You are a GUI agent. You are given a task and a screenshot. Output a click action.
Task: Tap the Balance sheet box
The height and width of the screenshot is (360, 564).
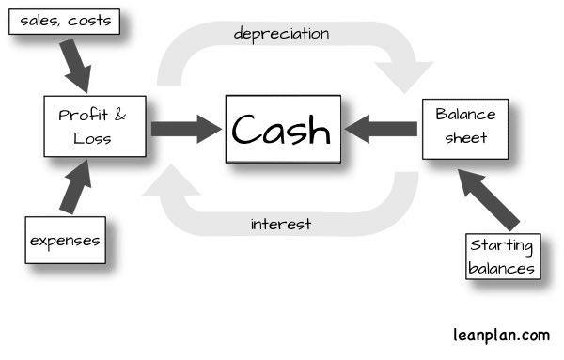click(458, 129)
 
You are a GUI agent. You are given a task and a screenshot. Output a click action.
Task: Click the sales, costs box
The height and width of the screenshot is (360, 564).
click(64, 20)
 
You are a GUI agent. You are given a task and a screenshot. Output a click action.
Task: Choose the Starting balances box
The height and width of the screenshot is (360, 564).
click(504, 256)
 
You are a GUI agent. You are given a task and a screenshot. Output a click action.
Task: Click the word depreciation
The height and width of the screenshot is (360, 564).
click(281, 34)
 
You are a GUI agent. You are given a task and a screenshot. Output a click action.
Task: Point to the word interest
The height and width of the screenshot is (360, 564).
click(281, 224)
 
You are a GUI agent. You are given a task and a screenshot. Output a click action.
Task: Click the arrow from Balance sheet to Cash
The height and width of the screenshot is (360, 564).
click(379, 129)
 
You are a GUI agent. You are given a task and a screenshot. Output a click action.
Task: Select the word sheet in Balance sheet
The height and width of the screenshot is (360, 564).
click(458, 138)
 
